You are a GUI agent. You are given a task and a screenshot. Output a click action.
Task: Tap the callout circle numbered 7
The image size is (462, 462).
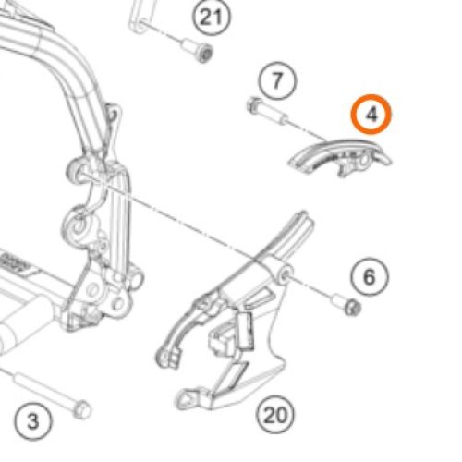click(276, 80)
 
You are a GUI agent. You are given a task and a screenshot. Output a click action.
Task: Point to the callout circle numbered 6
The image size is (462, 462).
click(368, 274)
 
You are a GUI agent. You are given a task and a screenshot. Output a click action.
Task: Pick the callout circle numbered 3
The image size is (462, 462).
click(32, 421)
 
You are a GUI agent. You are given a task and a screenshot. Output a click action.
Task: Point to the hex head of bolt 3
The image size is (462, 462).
click(81, 407)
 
